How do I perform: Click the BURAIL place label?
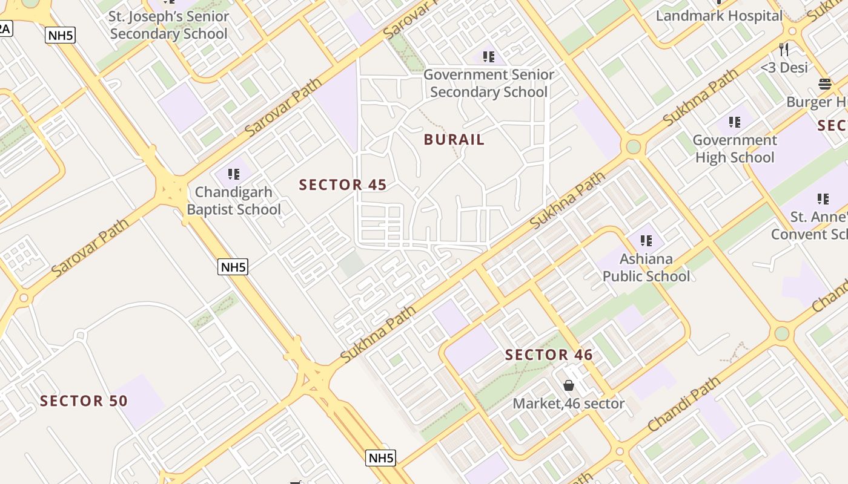coord(454,140)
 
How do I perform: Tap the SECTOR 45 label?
coord(343,185)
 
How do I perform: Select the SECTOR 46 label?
coord(549,355)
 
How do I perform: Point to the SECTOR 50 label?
coord(84,401)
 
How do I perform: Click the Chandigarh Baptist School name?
coord(234,201)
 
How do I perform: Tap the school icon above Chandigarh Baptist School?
coord(234,174)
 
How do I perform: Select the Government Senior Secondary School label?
coord(488,83)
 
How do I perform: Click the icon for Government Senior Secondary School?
coord(488,57)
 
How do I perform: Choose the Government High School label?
coord(735,149)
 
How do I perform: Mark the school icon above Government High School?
coord(735,122)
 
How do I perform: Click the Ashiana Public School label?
coord(646,267)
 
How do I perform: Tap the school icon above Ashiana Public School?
coord(646,241)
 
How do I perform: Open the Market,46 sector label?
coord(568,404)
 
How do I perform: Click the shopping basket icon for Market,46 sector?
coord(569,385)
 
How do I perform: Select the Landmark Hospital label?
coord(719,16)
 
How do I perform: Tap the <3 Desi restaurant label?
coord(784,67)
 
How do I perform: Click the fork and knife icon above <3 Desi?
coord(784,49)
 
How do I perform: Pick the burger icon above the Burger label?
coord(824,83)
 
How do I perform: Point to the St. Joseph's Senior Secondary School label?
coord(169,25)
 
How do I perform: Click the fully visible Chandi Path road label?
coord(684,404)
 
